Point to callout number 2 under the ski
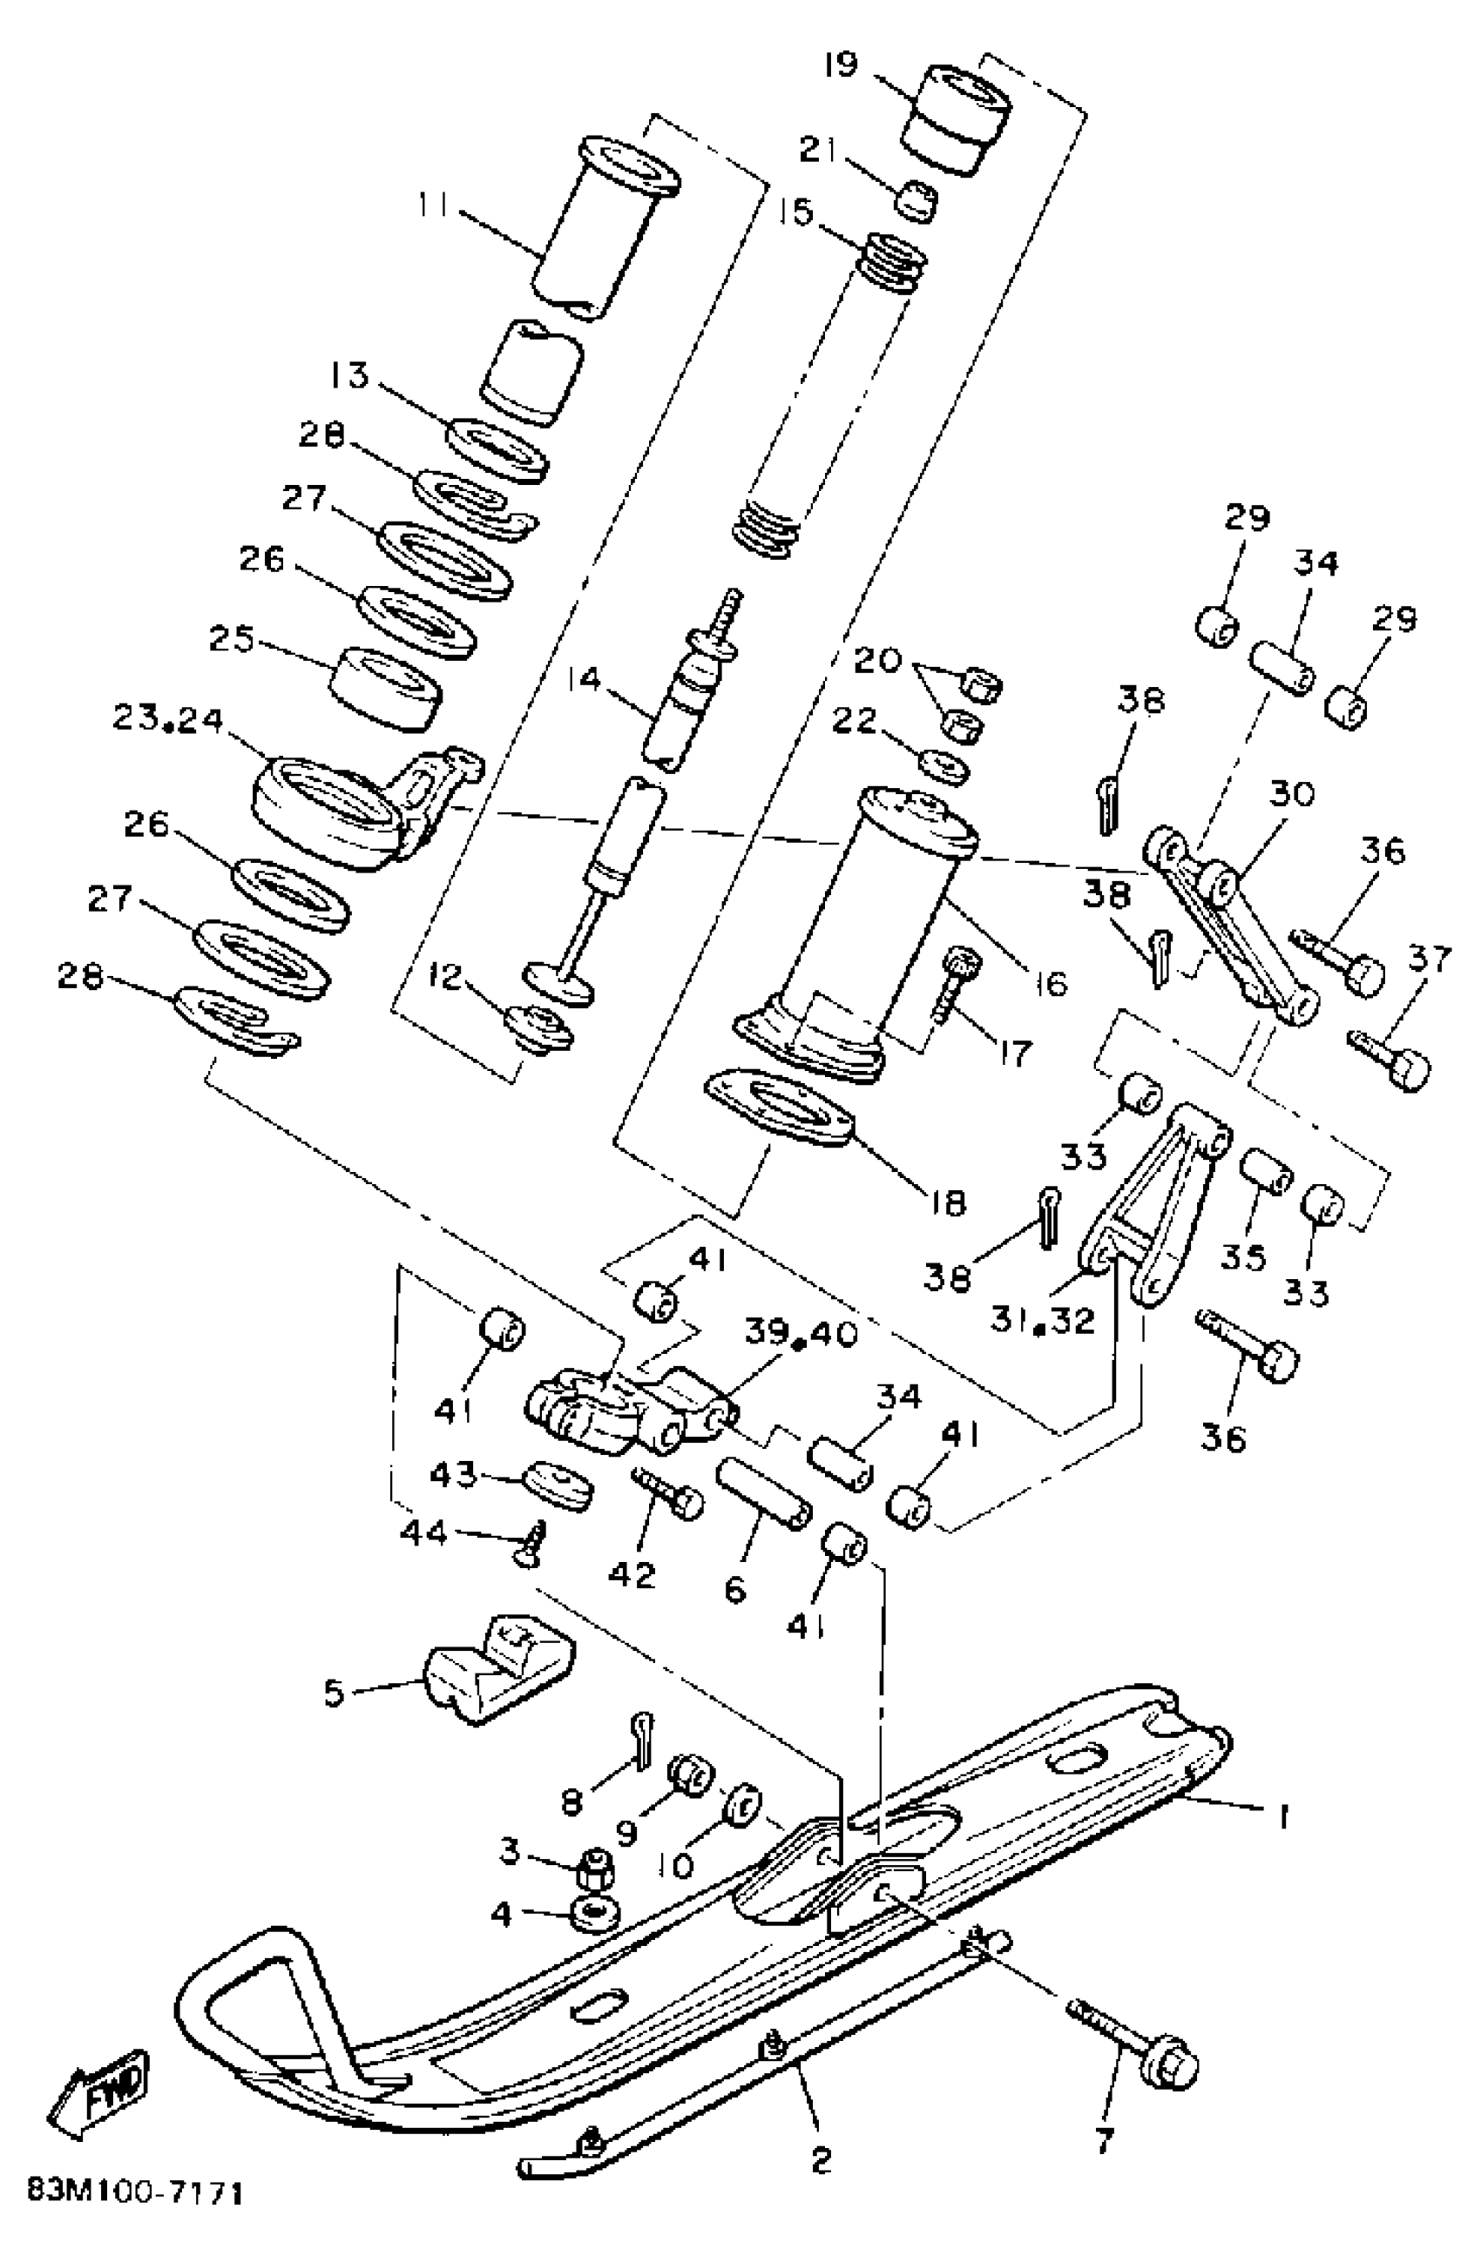822,2160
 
